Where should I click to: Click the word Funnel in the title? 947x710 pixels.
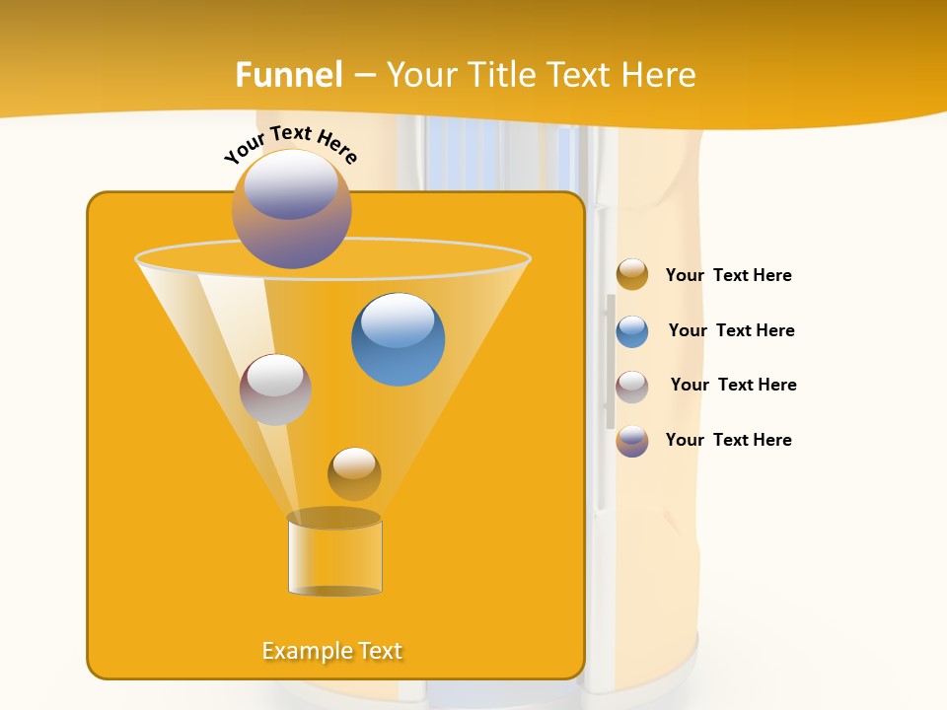pos(289,75)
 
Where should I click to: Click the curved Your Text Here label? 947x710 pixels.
pos(291,144)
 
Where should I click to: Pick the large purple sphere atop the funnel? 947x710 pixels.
pos(292,209)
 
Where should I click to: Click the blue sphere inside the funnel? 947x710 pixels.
pos(398,339)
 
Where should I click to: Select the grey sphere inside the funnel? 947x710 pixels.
pos(275,390)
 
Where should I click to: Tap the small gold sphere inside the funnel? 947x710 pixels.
pos(354,473)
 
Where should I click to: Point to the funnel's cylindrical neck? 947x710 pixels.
pos(334,557)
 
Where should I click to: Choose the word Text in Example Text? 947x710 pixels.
pos(378,651)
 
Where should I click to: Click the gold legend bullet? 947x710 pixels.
pos(632,275)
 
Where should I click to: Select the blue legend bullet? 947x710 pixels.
pos(632,331)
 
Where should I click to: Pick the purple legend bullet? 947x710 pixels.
pos(632,441)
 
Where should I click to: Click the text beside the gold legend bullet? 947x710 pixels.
pos(728,275)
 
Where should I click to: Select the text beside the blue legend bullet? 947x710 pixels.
pos(731,330)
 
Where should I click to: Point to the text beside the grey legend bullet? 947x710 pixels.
pos(733,385)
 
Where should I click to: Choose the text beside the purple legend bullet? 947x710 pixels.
pos(728,440)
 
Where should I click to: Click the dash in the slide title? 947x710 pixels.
pos(364,76)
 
